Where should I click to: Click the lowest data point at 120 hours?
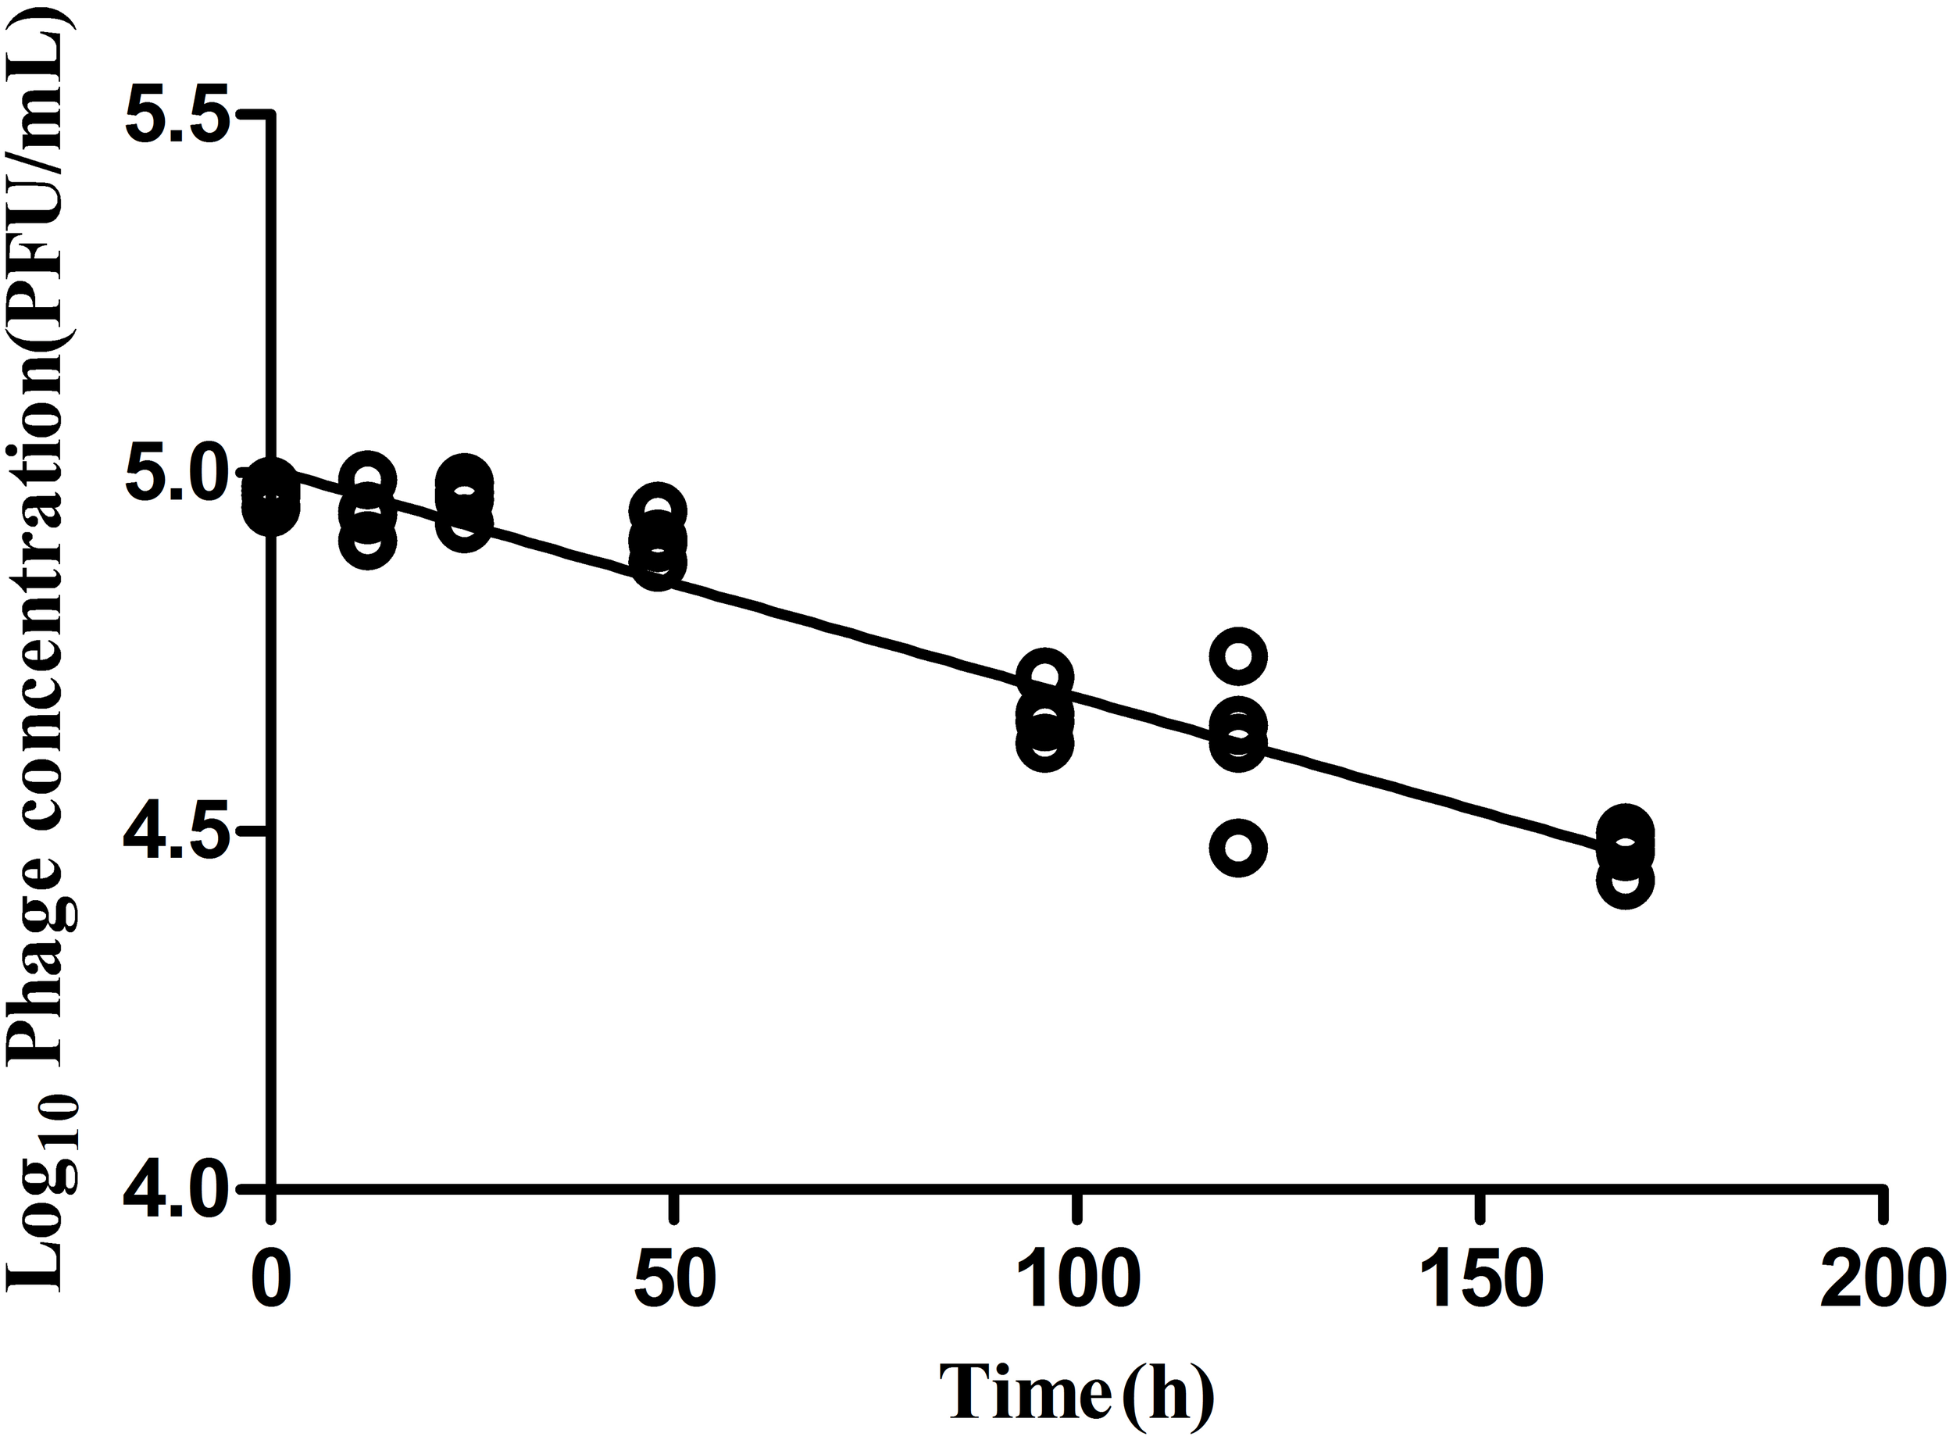point(1237,847)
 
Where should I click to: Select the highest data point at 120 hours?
point(1237,656)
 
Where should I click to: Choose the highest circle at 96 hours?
point(1044,677)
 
